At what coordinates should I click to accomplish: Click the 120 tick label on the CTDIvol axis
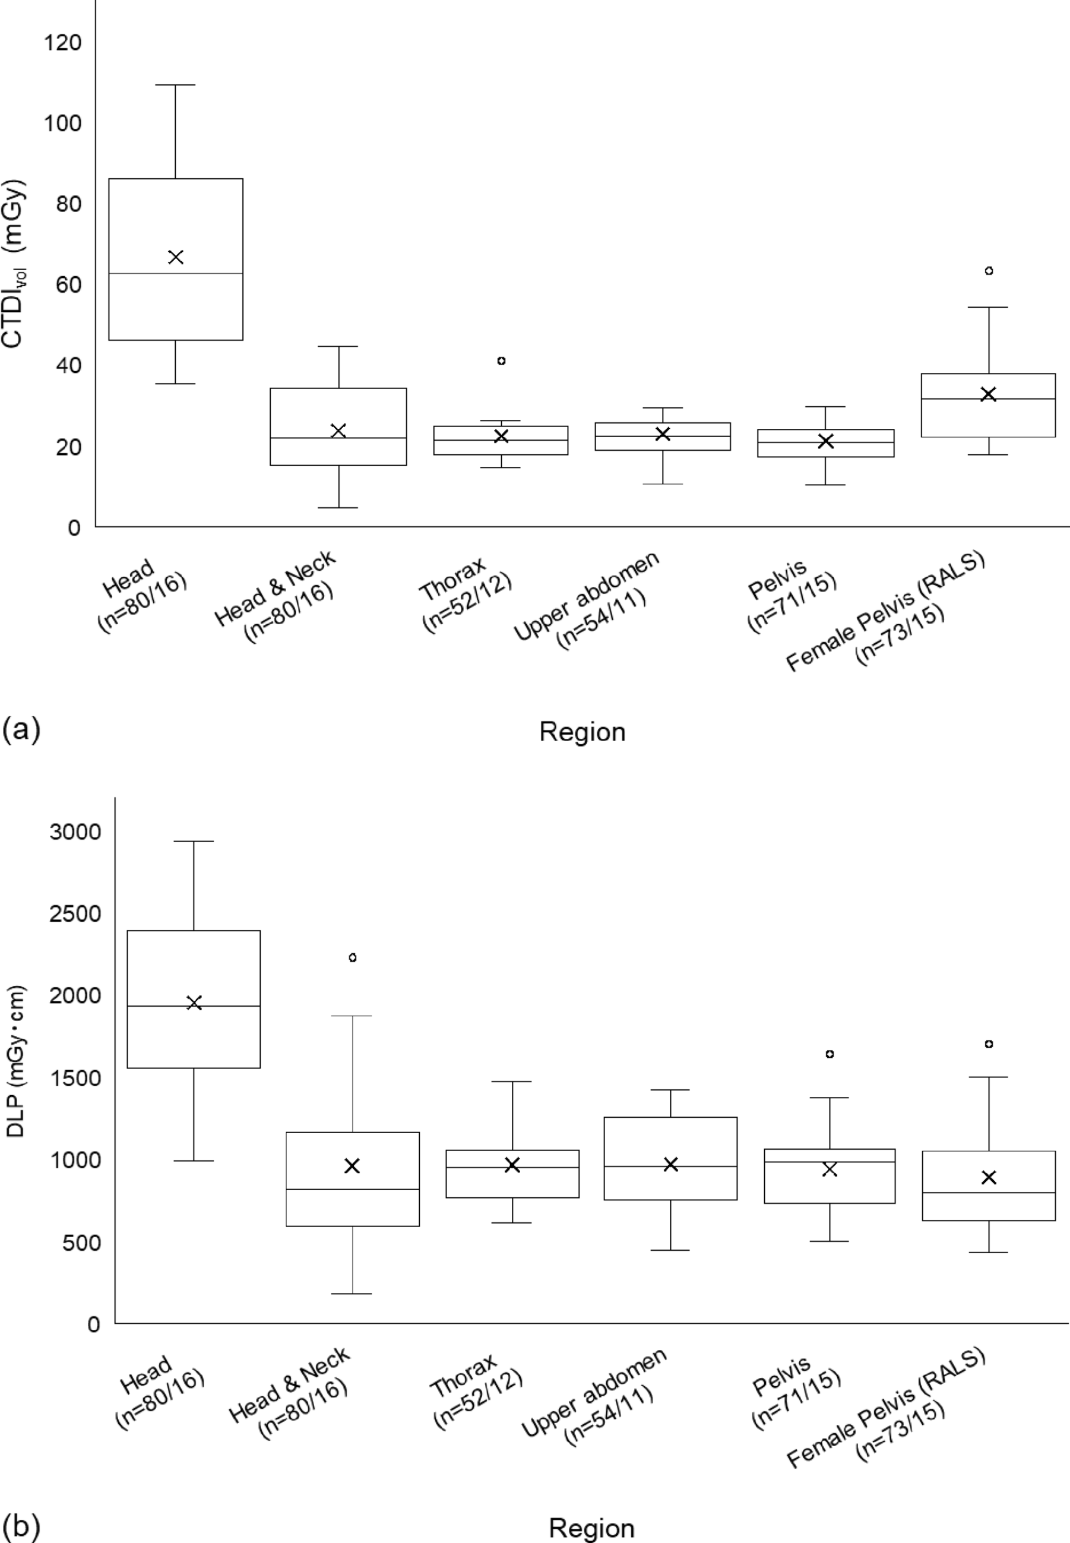point(62,43)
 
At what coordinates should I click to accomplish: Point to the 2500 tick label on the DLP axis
point(75,913)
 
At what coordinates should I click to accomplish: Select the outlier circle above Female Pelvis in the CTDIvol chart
point(988,271)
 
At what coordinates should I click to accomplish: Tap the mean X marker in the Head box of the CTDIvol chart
point(176,257)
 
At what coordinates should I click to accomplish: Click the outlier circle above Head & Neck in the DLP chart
point(353,957)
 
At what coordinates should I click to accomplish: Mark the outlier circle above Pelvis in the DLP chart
point(830,1054)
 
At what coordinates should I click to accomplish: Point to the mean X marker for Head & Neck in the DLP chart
point(352,1166)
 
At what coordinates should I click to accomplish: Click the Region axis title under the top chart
point(582,732)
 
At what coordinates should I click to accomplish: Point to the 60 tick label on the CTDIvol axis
point(68,284)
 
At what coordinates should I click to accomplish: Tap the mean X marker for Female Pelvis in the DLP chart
point(988,1178)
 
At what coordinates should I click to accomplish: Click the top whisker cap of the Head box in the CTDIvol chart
point(176,85)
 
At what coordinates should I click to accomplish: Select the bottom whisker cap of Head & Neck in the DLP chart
point(352,1294)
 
